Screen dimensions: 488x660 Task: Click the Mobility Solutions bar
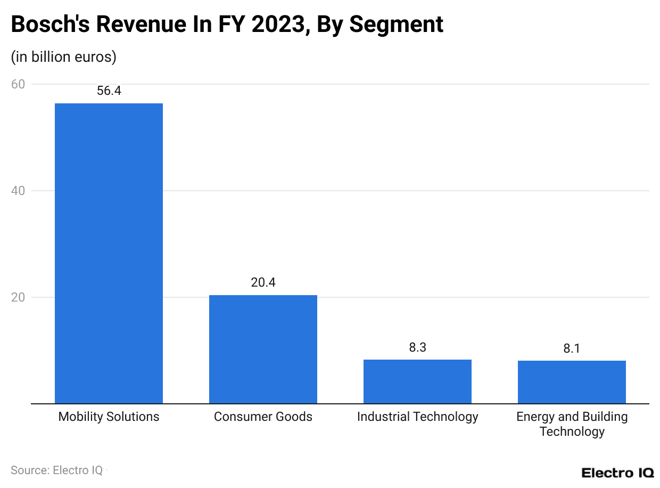[109, 253]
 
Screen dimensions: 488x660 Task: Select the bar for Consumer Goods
[263, 349]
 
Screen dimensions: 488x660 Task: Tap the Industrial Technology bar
[417, 381]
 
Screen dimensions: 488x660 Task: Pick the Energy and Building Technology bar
[572, 382]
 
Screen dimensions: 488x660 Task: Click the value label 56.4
[109, 91]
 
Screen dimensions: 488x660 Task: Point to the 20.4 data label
[263, 282]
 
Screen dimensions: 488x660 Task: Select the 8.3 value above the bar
[417, 347]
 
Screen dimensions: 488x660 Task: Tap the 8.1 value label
[572, 348]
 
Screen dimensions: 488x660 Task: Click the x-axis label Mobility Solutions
[109, 417]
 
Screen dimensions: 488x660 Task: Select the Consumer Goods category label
[263, 417]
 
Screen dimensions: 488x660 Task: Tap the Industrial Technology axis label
[417, 417]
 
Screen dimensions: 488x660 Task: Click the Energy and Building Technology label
[572, 424]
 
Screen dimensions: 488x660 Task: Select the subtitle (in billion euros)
[63, 56]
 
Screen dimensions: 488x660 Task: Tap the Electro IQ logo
[617, 473]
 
